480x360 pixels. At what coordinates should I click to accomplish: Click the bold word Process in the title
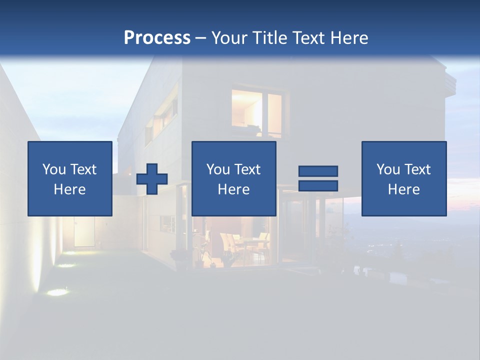click(157, 38)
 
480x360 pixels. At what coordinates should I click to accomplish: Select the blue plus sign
click(152, 178)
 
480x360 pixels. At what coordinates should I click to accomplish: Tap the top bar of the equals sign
click(318, 171)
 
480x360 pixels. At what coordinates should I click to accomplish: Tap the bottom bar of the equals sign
click(318, 185)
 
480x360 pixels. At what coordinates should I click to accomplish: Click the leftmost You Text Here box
click(70, 178)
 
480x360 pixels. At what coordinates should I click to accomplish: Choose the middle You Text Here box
click(234, 178)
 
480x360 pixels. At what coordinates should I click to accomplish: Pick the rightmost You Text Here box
click(404, 178)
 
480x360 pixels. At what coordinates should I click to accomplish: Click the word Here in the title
click(348, 38)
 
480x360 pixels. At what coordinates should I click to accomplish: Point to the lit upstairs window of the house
click(256, 112)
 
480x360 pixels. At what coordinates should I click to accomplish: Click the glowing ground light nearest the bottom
click(58, 292)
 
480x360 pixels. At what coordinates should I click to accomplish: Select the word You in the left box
click(54, 169)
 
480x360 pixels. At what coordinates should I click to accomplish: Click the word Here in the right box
click(404, 189)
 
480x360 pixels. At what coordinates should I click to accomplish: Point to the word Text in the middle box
click(247, 169)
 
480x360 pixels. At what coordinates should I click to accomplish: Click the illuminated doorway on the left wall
click(84, 232)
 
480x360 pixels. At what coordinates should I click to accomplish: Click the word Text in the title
click(307, 38)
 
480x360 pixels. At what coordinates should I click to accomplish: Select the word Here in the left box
click(70, 189)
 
